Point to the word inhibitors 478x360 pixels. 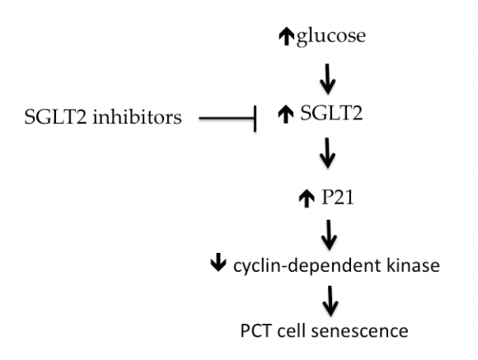tap(141, 118)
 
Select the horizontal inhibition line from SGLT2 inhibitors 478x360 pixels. tap(227, 119)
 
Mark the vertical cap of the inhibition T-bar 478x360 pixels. tap(257, 119)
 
